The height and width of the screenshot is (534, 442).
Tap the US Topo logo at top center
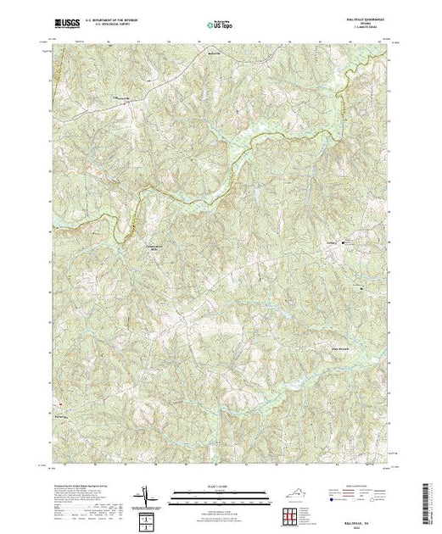tap(221, 25)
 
